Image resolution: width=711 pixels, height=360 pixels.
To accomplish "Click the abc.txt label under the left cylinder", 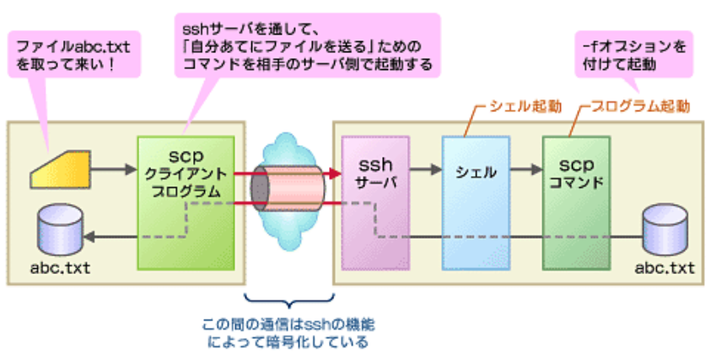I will (x=62, y=268).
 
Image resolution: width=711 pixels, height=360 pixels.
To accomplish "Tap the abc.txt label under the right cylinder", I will (x=666, y=268).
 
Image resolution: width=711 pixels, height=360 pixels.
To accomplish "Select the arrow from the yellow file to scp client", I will (x=116, y=169).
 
